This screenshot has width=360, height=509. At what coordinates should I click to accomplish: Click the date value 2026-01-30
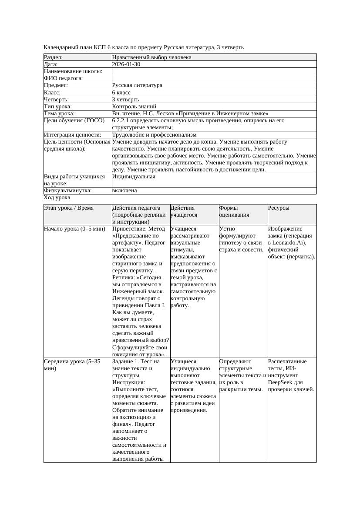126,64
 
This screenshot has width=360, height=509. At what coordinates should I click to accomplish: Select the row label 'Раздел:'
54,57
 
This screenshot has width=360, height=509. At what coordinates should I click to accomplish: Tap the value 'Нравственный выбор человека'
151,57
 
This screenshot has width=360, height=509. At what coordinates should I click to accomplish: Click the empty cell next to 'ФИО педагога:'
214,78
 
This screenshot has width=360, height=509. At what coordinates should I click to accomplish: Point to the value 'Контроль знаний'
134,107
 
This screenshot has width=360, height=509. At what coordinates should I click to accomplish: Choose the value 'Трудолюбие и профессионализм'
154,135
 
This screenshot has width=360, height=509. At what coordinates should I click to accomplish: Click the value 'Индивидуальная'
134,177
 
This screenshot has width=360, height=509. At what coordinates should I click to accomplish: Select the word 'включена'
124,191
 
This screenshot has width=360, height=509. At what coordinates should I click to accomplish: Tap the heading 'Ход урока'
57,198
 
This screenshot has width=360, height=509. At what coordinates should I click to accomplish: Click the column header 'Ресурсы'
279,208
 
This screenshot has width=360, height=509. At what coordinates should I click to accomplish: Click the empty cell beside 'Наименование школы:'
214,71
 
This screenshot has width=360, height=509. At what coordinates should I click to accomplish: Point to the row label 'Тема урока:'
60,114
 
